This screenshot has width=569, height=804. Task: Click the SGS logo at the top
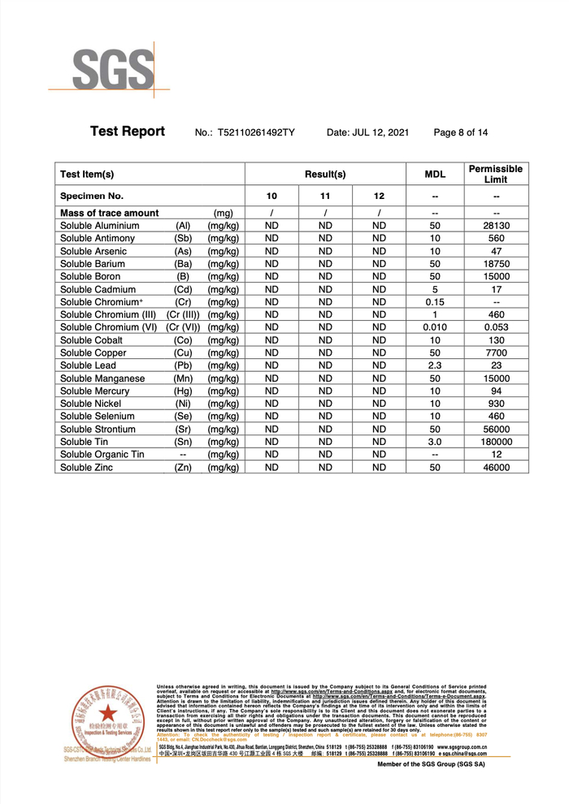[x=114, y=69]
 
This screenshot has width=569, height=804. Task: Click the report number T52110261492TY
[x=256, y=132]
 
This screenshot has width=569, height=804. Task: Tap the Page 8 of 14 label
[x=461, y=132]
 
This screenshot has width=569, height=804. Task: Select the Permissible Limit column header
[x=495, y=174]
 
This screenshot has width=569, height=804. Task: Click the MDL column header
[x=435, y=174]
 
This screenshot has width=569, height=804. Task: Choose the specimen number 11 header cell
[x=325, y=197]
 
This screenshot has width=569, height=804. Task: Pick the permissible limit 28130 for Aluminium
[x=495, y=226]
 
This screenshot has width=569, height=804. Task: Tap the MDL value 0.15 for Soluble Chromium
[x=435, y=302]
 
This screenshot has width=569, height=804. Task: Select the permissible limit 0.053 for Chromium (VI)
[x=495, y=327]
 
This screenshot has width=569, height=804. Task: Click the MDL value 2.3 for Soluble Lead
[x=435, y=365]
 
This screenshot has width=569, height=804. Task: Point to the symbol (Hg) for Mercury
[x=183, y=391]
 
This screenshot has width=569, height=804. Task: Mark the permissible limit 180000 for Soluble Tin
[x=495, y=442]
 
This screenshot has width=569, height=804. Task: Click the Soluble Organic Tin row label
[x=102, y=455]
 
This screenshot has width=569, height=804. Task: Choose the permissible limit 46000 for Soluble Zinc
[x=495, y=468]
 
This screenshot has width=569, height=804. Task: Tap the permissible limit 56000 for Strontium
[x=495, y=429]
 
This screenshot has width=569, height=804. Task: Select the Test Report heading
[x=127, y=132]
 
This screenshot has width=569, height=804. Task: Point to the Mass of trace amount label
[x=109, y=213]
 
